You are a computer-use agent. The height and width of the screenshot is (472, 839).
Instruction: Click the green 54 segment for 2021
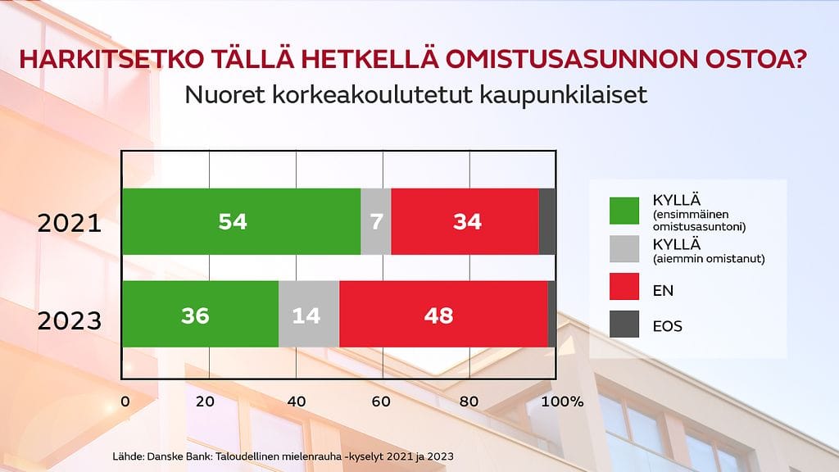click(242, 221)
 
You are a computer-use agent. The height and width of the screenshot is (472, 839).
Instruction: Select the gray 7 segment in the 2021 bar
click(376, 221)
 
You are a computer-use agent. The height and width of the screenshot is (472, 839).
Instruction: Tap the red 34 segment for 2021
click(465, 221)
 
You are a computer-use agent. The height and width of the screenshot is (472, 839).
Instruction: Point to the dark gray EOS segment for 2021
click(546, 221)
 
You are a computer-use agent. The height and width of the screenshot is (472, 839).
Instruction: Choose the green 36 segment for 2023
click(201, 314)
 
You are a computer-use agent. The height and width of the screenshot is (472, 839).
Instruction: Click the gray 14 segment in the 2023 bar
click(309, 314)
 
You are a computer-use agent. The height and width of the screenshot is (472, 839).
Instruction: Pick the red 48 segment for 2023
click(443, 314)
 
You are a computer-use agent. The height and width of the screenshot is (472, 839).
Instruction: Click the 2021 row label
click(70, 223)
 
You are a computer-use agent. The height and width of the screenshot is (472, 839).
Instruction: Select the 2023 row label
click(70, 321)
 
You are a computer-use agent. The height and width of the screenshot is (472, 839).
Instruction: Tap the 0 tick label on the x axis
click(125, 402)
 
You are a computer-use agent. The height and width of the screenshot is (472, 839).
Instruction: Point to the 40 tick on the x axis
click(297, 402)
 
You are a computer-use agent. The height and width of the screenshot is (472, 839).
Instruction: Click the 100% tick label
click(562, 402)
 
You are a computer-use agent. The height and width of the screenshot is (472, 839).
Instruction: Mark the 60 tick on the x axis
click(381, 402)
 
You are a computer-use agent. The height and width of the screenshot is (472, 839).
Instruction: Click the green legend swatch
click(624, 211)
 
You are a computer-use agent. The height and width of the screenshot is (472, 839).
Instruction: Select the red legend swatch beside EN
click(624, 286)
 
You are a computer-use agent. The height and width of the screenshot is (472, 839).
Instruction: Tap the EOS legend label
click(667, 326)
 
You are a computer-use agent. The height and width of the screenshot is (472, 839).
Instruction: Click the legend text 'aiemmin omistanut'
click(709, 259)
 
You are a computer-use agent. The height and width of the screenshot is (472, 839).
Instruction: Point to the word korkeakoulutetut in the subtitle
click(372, 95)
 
